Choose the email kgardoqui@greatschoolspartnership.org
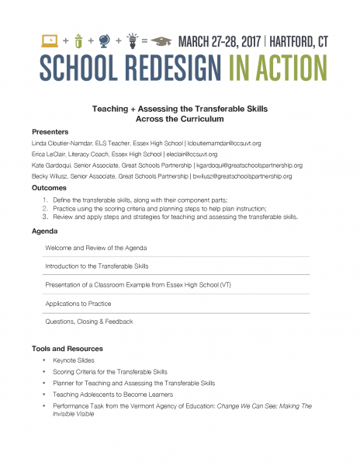(x=249, y=165)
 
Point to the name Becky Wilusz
(x=54, y=176)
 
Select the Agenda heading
(x=44, y=231)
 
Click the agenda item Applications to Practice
(x=78, y=303)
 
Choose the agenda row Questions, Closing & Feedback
(x=89, y=321)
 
